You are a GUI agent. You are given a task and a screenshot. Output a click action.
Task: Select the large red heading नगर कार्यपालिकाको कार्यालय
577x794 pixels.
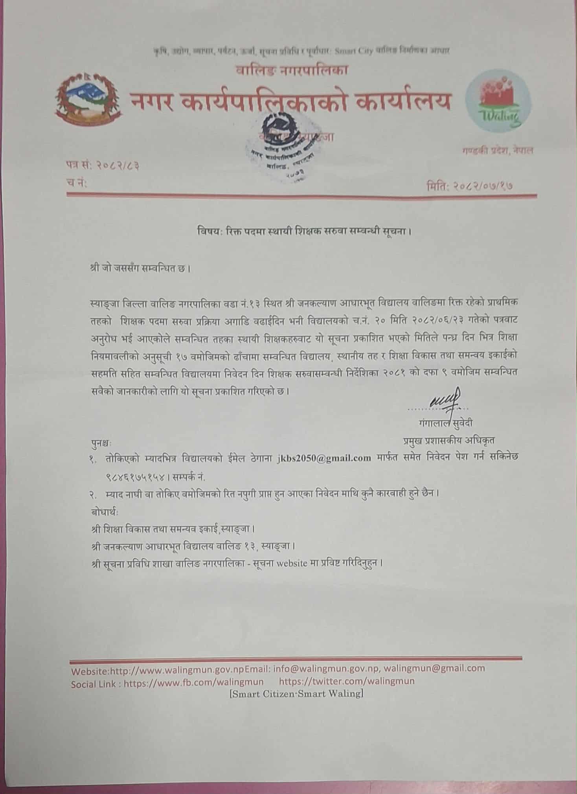[290, 101]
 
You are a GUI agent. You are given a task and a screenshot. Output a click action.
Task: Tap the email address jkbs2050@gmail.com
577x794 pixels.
[324, 458]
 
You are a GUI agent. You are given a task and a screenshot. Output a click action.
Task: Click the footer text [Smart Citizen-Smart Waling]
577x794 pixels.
[296, 694]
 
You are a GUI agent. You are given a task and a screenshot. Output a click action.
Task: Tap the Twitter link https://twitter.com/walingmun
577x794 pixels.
[346, 681]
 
